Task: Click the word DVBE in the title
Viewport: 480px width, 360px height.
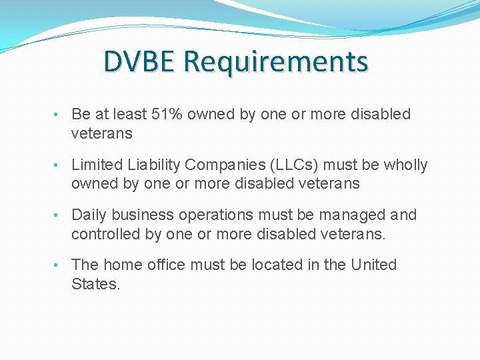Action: click(x=139, y=62)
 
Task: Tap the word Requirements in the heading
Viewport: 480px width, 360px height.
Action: click(x=275, y=62)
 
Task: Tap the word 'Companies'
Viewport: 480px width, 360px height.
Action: click(x=214, y=165)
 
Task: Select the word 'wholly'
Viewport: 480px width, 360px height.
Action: click(x=405, y=165)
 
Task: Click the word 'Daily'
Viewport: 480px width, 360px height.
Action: click(x=89, y=215)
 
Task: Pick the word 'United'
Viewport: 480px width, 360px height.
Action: click(x=373, y=265)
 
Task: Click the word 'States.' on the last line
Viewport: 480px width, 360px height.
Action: click(x=96, y=284)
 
